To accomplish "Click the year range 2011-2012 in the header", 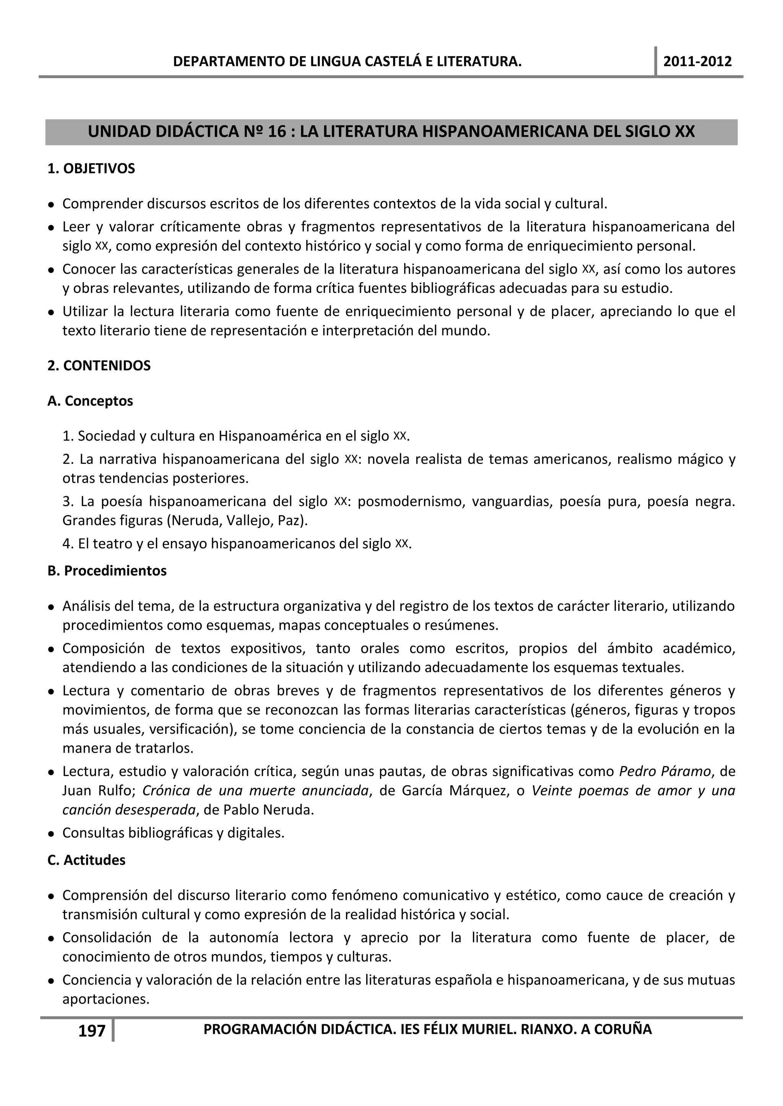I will (x=697, y=61).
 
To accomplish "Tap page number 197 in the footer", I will (x=92, y=1031).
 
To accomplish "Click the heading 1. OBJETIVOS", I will (x=91, y=169).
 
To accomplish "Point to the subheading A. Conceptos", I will (x=90, y=401).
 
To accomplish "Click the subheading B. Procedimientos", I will (x=107, y=571).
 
